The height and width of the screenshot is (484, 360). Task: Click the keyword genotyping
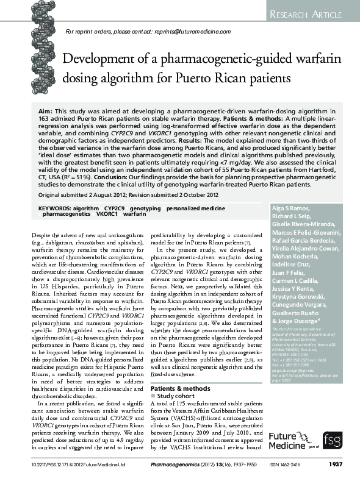coord(145,208)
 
